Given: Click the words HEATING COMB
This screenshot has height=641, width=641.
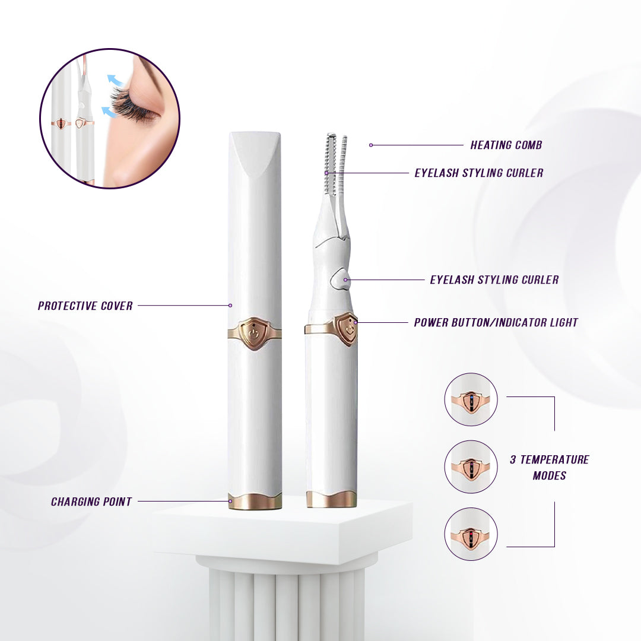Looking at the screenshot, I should [x=506, y=145].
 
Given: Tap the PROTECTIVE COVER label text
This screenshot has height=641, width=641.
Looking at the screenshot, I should [x=85, y=306].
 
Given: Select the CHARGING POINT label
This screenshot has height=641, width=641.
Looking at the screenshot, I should [x=91, y=502].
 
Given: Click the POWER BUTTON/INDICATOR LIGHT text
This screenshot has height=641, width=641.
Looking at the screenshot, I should [x=496, y=323].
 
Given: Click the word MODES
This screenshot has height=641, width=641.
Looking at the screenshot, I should [x=549, y=475].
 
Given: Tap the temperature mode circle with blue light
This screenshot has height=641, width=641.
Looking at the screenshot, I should [x=471, y=399].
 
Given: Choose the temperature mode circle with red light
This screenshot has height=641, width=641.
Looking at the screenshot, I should [x=471, y=534].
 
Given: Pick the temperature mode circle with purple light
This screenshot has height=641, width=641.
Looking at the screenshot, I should [x=471, y=467].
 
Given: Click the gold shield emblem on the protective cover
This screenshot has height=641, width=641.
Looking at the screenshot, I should [x=255, y=333].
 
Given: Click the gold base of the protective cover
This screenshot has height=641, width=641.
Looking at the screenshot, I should [x=255, y=501].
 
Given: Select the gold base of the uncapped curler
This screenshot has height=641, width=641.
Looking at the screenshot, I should [x=331, y=500].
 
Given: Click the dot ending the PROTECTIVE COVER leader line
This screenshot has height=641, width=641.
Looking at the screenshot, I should [x=230, y=306].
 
